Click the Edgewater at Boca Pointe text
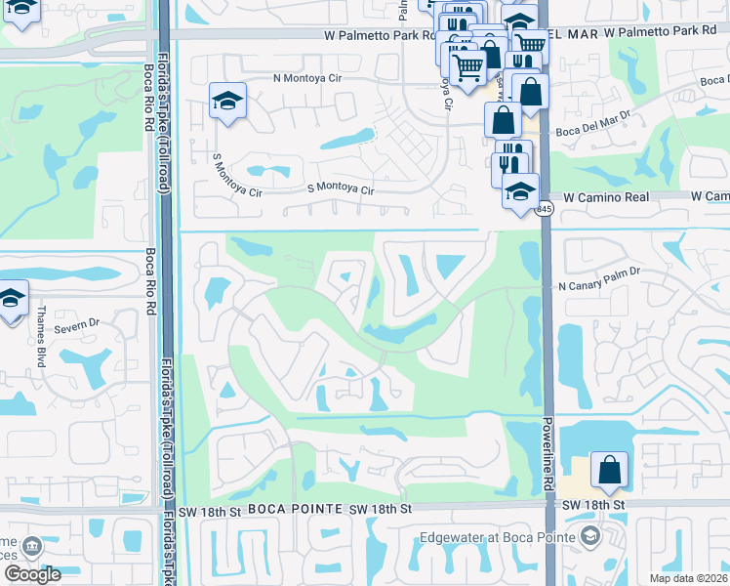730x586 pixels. click(493, 536)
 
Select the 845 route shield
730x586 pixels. click(545, 209)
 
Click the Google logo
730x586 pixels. click(32, 574)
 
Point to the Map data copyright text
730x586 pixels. click(688, 577)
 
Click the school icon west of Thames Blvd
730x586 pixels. click(11, 297)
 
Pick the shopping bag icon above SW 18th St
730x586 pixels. click(609, 470)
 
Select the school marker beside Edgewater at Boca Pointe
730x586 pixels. click(589, 535)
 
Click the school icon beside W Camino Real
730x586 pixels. click(521, 189)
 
